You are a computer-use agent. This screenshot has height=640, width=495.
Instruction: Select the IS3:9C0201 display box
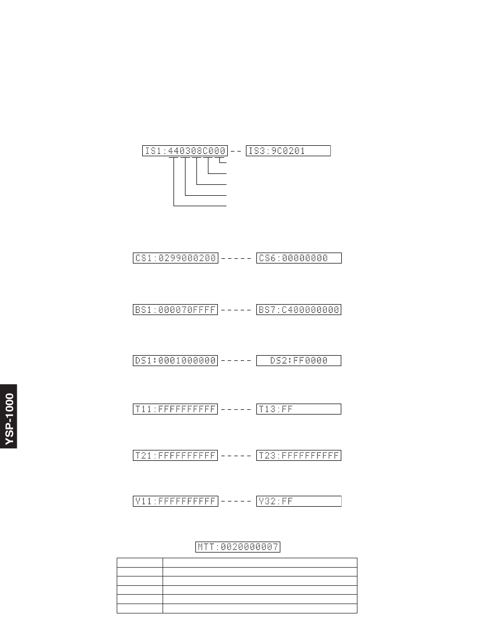(x=288, y=151)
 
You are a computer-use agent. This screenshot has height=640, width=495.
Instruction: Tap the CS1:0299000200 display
(x=175, y=258)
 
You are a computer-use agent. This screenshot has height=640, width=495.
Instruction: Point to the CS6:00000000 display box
(x=299, y=258)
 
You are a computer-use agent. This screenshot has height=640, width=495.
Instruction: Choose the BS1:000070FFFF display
(x=175, y=310)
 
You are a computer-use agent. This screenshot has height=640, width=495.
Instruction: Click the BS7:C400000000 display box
(x=299, y=310)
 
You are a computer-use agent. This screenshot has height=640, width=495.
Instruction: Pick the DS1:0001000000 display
(x=175, y=360)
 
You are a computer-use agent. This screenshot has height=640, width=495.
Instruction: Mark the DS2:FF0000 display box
(x=299, y=360)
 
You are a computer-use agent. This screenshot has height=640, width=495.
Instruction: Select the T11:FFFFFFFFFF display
(x=175, y=409)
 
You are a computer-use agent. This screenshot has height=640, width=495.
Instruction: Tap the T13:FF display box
(x=299, y=409)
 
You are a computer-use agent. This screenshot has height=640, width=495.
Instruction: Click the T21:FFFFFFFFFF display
(x=175, y=456)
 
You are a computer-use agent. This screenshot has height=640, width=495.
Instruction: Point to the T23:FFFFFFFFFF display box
(x=299, y=456)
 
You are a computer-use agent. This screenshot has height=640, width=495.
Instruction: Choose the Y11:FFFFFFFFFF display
(x=175, y=501)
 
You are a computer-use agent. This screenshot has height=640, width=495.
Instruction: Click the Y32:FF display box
(x=299, y=501)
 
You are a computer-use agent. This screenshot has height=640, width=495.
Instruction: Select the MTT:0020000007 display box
(x=238, y=547)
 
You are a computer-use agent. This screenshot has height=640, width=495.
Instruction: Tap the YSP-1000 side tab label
(x=9, y=417)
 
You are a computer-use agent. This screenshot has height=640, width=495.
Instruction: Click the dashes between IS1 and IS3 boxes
(x=236, y=152)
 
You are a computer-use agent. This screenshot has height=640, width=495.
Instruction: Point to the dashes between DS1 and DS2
(x=237, y=361)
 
